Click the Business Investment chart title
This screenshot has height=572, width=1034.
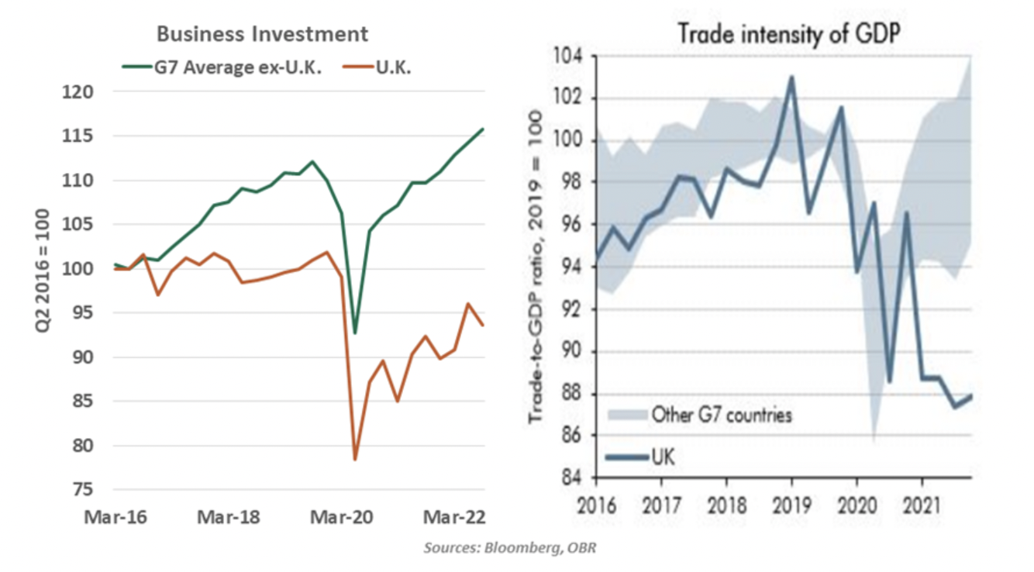(262, 34)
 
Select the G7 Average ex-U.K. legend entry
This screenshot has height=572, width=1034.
(222, 67)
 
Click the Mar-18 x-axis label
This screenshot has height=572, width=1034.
(228, 517)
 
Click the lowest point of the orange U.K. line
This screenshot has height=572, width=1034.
(355, 460)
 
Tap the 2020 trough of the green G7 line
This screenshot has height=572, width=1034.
(355, 333)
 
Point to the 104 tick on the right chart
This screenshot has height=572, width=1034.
(569, 57)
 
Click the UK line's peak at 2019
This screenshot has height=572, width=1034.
(791, 77)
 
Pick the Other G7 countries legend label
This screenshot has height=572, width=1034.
(722, 415)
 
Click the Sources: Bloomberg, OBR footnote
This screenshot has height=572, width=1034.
(510, 548)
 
